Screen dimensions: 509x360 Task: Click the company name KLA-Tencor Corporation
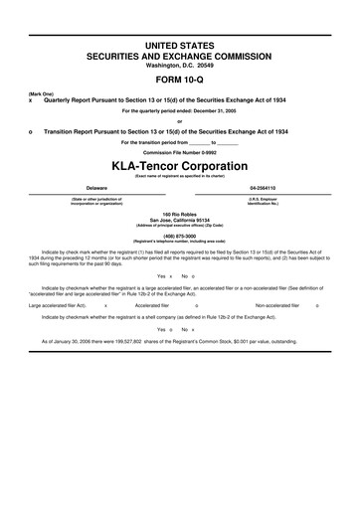pyautogui.click(x=179, y=161)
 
